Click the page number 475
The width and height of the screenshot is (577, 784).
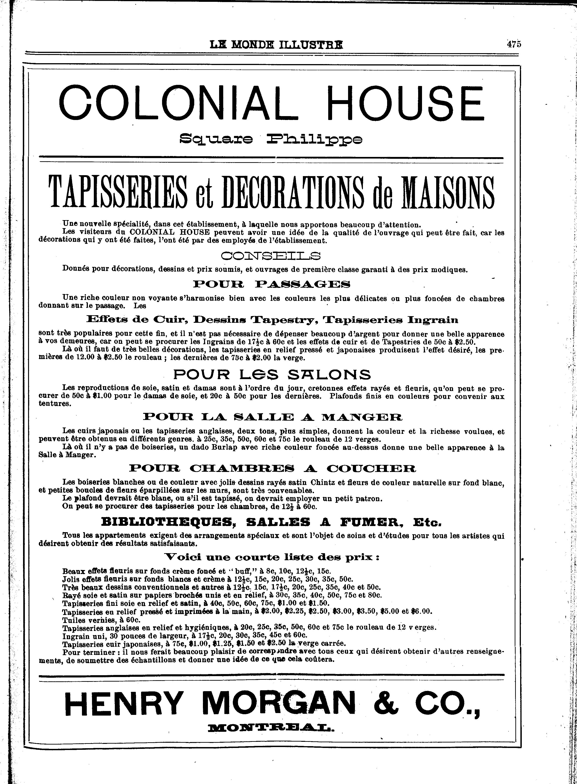point(514,44)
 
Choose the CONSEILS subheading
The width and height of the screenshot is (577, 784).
point(271,257)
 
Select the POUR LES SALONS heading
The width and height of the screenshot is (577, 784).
point(272,374)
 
